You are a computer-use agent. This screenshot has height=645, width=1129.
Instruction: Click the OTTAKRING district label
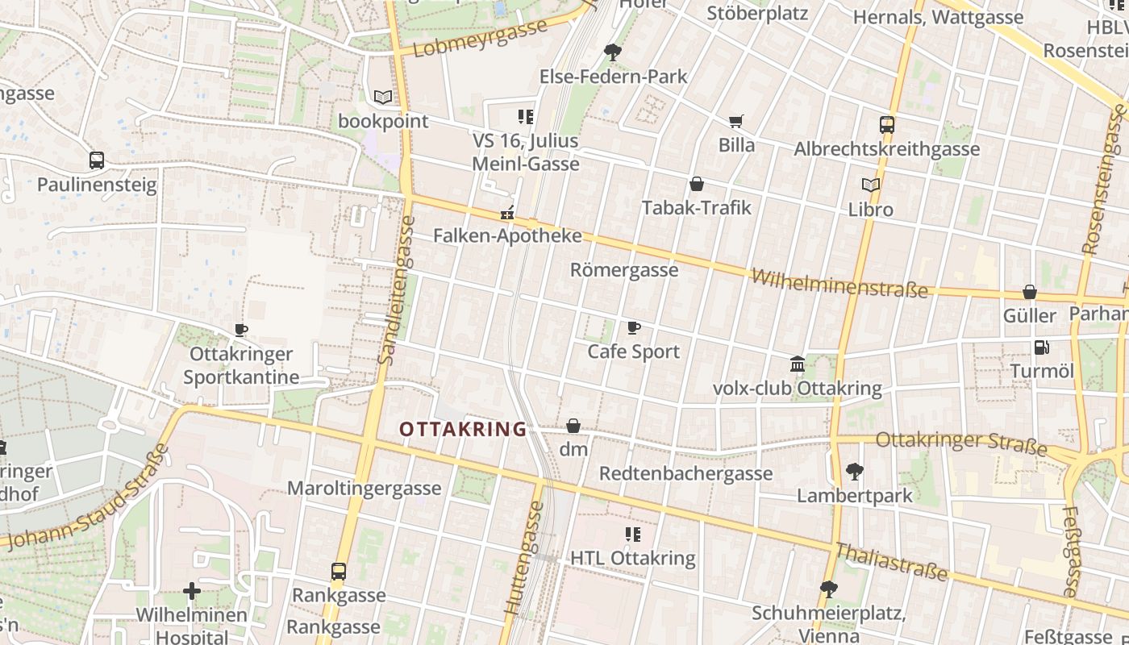(x=463, y=429)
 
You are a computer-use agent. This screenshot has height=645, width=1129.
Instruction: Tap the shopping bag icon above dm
(x=573, y=426)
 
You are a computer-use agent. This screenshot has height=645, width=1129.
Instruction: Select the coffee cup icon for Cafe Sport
(x=634, y=327)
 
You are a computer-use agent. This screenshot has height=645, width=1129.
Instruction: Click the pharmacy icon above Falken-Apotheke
(x=507, y=213)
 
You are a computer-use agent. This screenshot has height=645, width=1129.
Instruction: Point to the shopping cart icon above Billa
(x=735, y=122)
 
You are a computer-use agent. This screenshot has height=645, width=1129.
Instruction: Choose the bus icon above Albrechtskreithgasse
(x=886, y=125)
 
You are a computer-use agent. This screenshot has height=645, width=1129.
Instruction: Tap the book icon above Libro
(x=870, y=185)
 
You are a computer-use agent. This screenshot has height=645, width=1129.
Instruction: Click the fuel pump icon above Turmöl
(x=1042, y=347)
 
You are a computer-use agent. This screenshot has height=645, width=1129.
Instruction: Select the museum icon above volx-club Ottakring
(x=798, y=364)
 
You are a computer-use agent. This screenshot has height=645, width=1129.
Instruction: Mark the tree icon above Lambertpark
(x=854, y=471)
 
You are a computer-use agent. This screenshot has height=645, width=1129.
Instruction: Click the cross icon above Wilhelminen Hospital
(x=191, y=592)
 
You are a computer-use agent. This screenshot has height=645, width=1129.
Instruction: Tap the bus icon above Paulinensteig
(x=97, y=160)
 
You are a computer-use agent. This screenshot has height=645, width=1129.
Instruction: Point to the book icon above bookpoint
(x=383, y=98)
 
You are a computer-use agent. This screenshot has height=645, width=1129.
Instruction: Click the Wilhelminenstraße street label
(x=839, y=284)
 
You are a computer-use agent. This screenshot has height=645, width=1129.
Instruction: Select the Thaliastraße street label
(x=891, y=562)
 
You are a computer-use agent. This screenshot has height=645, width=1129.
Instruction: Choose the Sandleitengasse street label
(x=396, y=289)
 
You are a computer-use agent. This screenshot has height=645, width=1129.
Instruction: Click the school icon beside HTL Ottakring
(x=633, y=534)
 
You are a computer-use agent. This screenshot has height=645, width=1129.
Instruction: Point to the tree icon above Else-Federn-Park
(x=613, y=53)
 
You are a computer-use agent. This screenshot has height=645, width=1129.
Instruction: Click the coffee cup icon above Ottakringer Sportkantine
(x=240, y=330)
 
